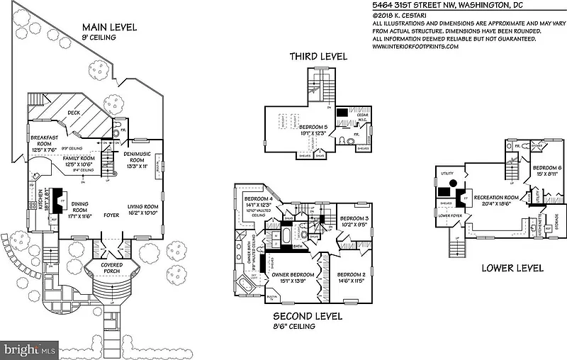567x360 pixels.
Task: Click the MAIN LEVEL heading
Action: [113, 28]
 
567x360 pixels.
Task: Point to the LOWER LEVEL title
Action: [512, 269]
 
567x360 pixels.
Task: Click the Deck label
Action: [75, 113]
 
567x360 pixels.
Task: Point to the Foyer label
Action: [111, 213]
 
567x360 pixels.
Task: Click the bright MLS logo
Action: [30, 349]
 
